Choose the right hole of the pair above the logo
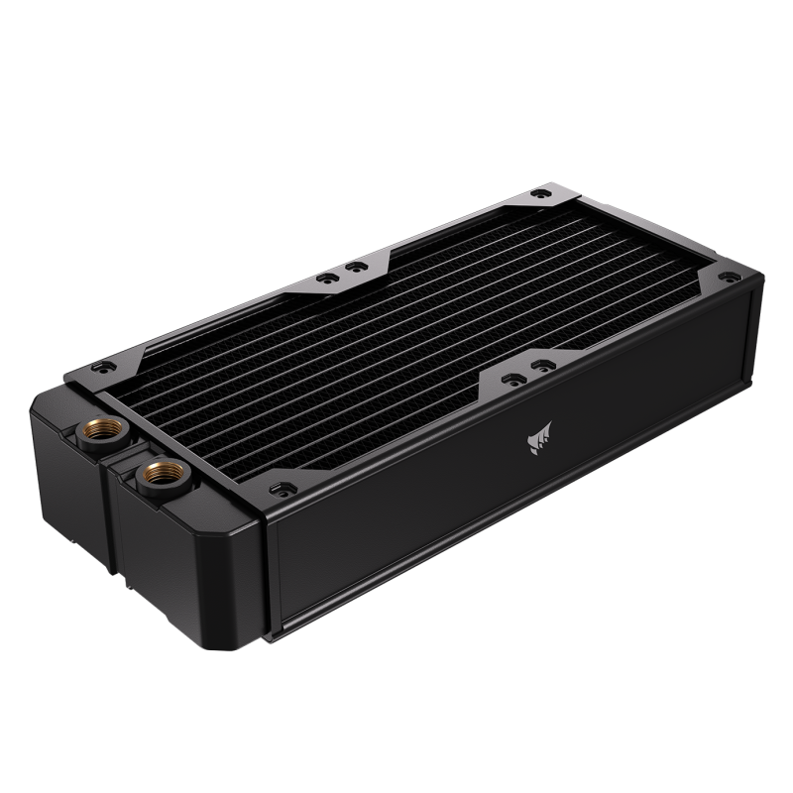pyautogui.click(x=541, y=367)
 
